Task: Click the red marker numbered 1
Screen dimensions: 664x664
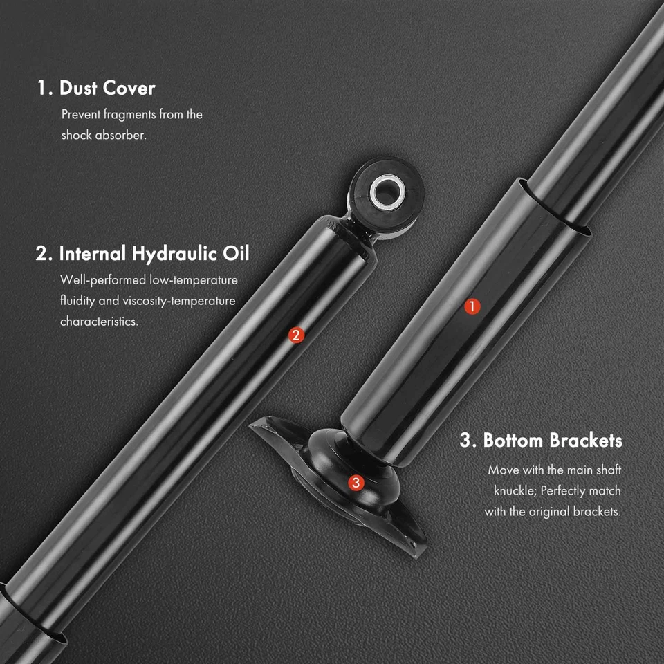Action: (x=473, y=306)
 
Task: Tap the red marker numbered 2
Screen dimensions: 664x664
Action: (x=295, y=335)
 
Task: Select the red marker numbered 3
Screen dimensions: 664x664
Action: (x=356, y=483)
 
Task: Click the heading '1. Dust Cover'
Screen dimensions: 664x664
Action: (x=96, y=89)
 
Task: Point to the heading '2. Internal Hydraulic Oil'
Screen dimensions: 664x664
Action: (x=142, y=253)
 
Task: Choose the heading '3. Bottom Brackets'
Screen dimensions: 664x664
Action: (x=541, y=441)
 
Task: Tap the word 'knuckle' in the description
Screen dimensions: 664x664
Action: (x=513, y=491)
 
